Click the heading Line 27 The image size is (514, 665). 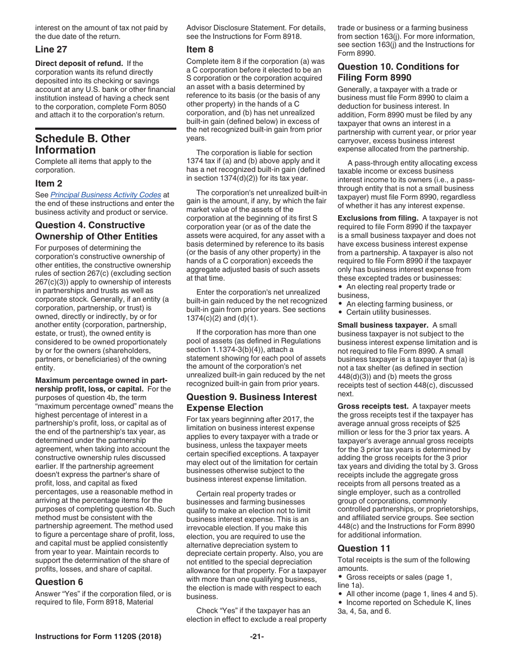point(51,49)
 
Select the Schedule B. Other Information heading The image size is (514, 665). point(82,144)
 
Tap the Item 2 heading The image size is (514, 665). point(49,183)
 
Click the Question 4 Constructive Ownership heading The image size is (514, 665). point(96,231)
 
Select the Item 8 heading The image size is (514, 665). point(200,49)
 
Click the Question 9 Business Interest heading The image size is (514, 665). point(252,402)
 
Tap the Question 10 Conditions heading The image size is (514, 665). point(398,72)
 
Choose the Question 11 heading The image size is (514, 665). point(364,548)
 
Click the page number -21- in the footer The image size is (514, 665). point(256,636)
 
